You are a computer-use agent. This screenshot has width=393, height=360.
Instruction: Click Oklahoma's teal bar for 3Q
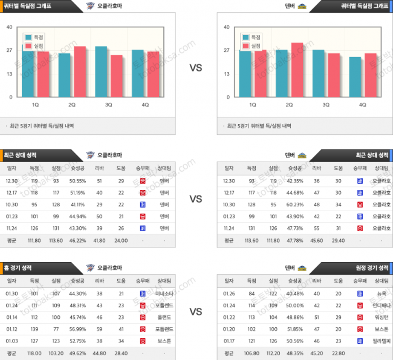coord(101,71)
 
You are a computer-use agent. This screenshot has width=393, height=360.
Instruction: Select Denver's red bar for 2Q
coord(297,70)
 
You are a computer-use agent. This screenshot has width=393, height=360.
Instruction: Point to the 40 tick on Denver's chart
coord(226,27)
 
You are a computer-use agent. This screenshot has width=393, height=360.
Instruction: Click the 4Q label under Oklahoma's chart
coord(145,105)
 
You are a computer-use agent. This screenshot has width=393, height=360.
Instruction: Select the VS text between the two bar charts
coord(196,68)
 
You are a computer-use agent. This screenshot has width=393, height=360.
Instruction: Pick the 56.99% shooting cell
coord(77,329)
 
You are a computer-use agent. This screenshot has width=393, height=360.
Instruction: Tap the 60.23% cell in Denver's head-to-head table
coord(294,205)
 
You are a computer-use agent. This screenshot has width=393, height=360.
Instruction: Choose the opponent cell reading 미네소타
coord(164,293)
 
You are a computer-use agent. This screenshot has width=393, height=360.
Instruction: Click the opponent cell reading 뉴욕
coord(382,293)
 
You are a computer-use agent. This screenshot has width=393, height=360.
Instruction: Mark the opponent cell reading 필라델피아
coord(382,341)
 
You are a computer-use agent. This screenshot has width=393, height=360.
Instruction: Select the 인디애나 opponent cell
coord(382,306)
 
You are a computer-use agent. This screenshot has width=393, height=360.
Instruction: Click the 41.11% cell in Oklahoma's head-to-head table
coord(77,205)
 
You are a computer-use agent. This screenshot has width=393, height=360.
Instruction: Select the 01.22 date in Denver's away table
coord(229,317)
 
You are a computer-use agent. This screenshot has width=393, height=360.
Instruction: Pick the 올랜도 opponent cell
coord(164,317)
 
